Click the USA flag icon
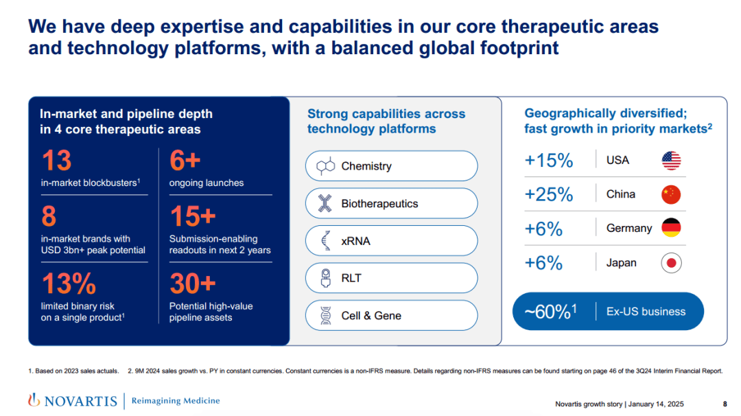671,161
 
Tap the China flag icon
671,194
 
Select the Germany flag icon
671,228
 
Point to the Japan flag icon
671,263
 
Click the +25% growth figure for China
549,194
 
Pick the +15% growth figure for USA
549,161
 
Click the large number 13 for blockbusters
56,161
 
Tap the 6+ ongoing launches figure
185,161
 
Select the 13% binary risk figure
69,283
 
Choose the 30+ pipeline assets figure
193,283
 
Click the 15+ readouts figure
193,217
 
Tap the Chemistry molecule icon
325,166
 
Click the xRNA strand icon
326,241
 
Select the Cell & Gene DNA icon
326,316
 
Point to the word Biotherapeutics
379,204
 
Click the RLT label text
351,278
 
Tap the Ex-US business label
646,312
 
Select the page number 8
725,404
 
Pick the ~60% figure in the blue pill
550,312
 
